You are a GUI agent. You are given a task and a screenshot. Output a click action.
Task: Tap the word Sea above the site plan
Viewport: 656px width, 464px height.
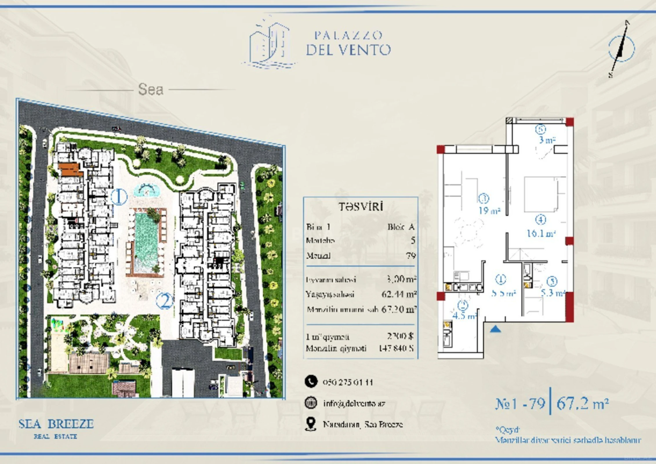151,89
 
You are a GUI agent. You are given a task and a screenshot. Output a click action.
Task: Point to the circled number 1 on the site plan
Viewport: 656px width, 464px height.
119,197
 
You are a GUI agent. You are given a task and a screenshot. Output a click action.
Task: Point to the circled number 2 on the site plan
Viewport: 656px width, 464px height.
164,301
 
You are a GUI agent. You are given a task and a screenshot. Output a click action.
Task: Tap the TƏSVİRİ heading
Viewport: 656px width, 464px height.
361,207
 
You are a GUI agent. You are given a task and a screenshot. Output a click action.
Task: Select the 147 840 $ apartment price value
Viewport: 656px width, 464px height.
396,348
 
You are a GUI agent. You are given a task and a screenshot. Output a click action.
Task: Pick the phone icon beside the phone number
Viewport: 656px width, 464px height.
311,382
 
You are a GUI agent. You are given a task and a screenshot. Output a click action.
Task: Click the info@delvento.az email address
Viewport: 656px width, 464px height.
354,403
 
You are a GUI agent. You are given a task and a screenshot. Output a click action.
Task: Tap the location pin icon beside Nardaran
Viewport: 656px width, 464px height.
311,424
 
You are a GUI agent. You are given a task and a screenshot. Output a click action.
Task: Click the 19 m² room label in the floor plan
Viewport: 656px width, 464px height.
489,211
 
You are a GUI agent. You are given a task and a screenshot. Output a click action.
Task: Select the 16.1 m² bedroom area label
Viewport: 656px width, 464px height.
541,233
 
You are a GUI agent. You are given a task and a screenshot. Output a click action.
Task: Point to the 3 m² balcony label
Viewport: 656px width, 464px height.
547,140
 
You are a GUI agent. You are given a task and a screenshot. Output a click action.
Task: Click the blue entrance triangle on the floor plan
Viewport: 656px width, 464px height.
495,329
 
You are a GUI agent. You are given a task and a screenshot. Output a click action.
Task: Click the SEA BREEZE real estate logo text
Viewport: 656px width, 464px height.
56,424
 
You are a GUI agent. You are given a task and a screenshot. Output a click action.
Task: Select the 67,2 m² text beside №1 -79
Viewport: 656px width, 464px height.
582,403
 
